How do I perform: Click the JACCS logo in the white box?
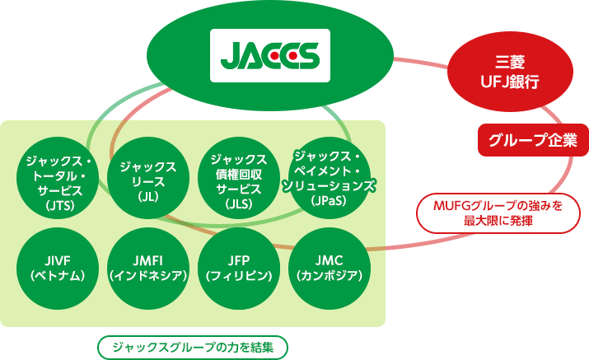point(269,56)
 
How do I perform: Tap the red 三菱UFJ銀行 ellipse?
point(510,71)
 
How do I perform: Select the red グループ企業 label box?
point(533,140)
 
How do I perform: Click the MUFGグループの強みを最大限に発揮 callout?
point(498,213)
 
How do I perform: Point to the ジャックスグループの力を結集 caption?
point(193,347)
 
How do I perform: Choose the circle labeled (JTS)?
point(58,178)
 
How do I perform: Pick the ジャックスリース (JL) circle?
point(148,178)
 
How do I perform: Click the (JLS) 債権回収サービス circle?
point(239,178)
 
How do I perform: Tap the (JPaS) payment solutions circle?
point(329,178)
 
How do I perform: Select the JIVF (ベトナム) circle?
point(58,269)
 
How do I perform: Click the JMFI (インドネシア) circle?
point(148,269)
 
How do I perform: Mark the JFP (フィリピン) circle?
point(239,269)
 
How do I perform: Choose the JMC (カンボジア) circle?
point(329,269)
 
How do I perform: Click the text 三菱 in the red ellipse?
point(510,62)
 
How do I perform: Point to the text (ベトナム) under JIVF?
point(58,276)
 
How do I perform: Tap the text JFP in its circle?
point(239,260)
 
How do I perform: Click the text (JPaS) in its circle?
point(329,201)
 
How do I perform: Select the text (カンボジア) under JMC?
point(329,276)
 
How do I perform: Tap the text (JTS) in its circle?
point(58,205)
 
